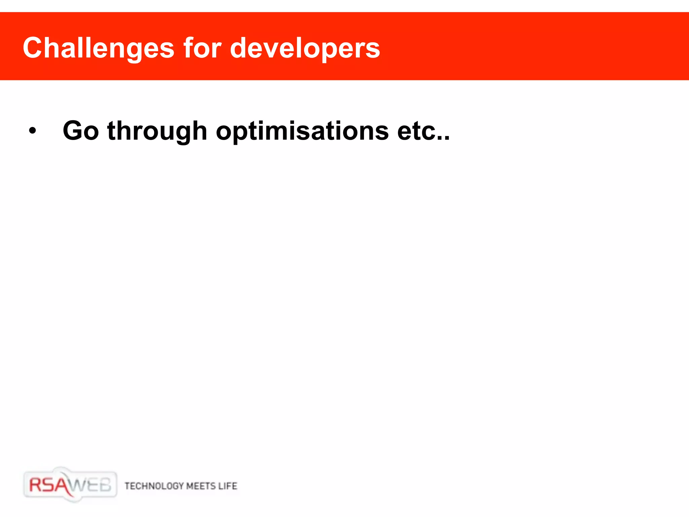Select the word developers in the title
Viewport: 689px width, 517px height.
pos(305,48)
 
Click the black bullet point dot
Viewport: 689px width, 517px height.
pos(32,131)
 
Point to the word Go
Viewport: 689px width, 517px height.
pos(81,131)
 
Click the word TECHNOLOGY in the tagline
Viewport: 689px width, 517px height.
pos(154,486)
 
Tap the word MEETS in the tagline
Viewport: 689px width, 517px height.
pos(201,486)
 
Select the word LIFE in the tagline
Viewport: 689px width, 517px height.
pos(228,486)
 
